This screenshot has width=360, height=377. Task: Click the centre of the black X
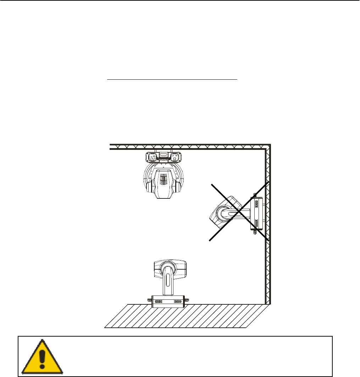pos(239,211)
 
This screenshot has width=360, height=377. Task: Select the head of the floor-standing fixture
pos(170,269)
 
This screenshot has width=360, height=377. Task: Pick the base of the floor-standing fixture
pos(168,301)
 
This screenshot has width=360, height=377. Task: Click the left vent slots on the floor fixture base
pos(158,302)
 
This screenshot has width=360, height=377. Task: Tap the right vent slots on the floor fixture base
pos(178,302)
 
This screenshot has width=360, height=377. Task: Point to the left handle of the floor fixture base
pos(149,301)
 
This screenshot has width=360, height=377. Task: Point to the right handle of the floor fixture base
pos(187,301)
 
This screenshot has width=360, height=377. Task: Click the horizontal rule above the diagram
pos(172,80)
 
